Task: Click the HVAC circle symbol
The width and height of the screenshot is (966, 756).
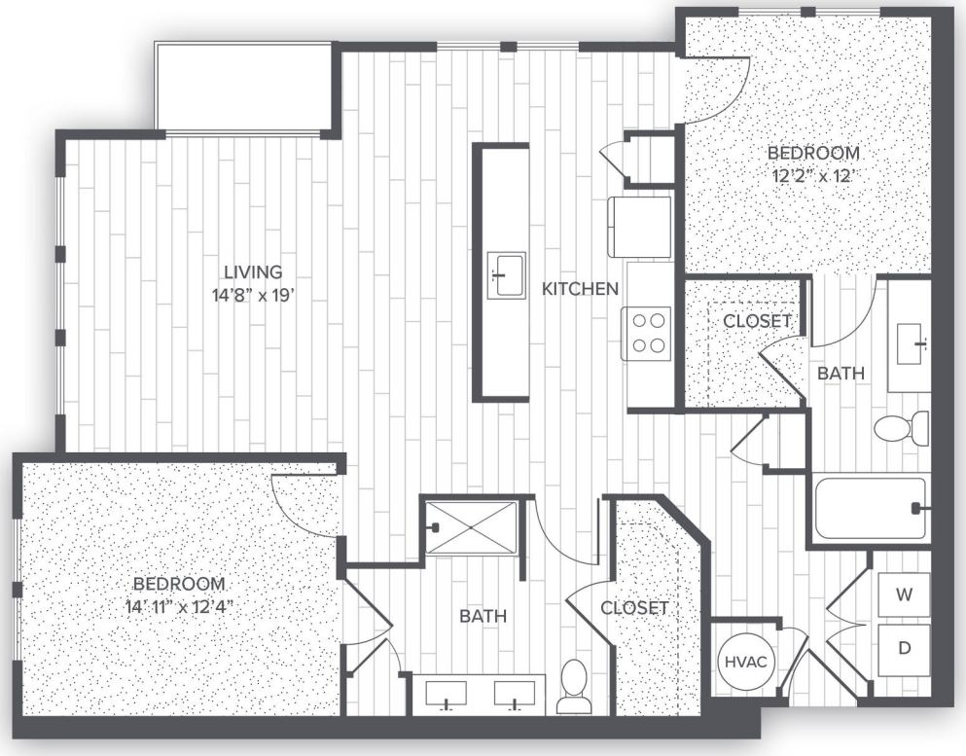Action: click(746, 663)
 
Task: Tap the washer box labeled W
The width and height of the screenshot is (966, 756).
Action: click(904, 594)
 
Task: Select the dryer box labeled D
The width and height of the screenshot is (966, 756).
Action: click(904, 649)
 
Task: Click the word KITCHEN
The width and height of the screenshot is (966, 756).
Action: click(580, 288)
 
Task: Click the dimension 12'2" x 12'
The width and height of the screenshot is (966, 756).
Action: click(813, 177)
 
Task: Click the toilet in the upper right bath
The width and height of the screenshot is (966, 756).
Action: click(901, 428)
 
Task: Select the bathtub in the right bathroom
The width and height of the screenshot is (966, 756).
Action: click(870, 507)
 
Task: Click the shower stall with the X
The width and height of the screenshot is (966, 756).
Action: click(471, 526)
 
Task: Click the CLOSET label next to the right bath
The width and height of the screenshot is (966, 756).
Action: click(757, 320)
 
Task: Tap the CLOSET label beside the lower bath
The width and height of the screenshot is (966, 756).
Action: click(634, 608)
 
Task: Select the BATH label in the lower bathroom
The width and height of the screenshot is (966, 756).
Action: click(483, 616)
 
